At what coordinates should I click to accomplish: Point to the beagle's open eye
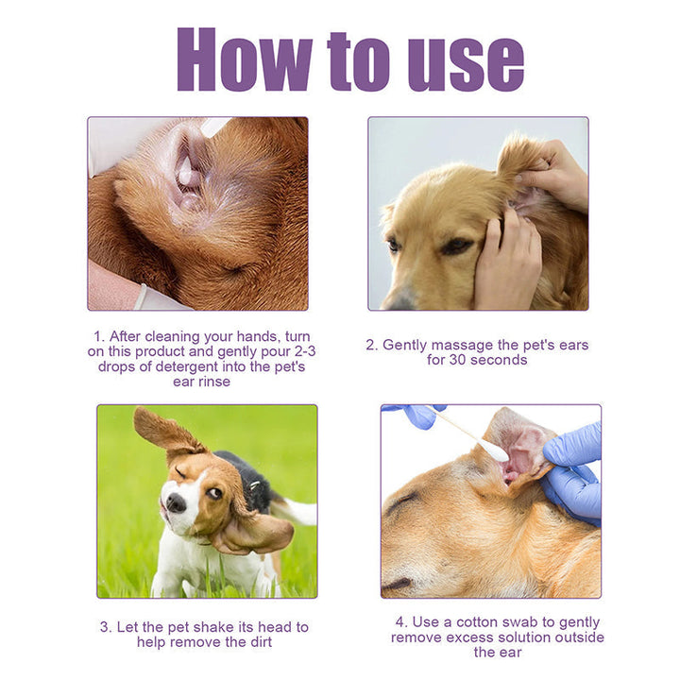[x=214, y=493]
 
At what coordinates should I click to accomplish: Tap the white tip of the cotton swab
[x=495, y=450]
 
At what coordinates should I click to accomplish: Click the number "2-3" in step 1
[x=294, y=351]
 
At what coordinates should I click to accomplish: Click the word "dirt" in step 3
[x=255, y=642]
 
